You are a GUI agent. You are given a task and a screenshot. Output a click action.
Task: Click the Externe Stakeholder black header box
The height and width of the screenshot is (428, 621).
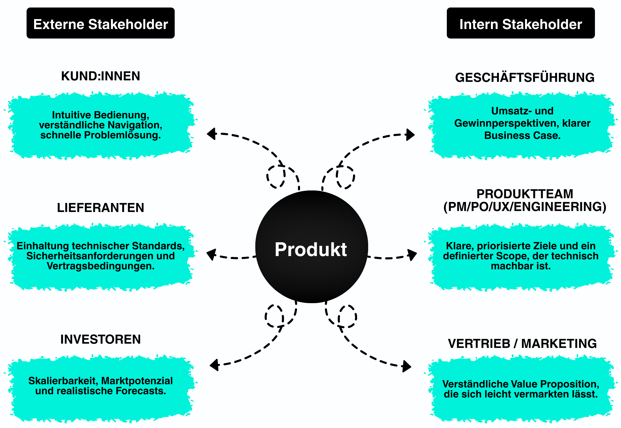pyautogui.click(x=100, y=23)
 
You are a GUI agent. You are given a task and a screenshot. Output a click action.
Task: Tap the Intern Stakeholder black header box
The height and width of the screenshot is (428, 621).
pyautogui.click(x=520, y=23)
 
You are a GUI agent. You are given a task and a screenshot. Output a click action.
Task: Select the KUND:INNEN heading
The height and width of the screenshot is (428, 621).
pyautogui.click(x=100, y=76)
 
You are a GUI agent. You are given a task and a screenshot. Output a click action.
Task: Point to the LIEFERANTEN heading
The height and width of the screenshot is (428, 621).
pyautogui.click(x=100, y=208)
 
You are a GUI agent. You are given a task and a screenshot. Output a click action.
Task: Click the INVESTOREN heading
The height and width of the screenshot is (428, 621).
pyautogui.click(x=100, y=339)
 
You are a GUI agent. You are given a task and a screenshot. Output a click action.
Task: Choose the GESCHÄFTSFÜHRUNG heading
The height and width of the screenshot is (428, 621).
pyautogui.click(x=525, y=78)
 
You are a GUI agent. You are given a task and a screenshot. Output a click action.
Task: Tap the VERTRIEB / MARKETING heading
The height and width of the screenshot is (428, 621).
pyautogui.click(x=522, y=343)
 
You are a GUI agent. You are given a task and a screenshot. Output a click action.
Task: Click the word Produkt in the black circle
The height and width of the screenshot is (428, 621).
pyautogui.click(x=311, y=249)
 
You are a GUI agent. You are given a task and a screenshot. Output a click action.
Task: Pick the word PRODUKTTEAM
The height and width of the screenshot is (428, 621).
pyautogui.click(x=525, y=194)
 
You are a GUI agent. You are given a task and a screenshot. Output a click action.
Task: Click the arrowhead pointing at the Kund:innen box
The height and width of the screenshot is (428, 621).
pyautogui.click(x=212, y=134)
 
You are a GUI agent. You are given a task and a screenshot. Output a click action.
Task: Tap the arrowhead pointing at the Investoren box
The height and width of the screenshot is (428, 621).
pyautogui.click(x=215, y=365)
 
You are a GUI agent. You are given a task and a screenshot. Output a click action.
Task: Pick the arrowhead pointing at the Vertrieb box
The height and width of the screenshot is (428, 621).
pyautogui.click(x=406, y=366)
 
